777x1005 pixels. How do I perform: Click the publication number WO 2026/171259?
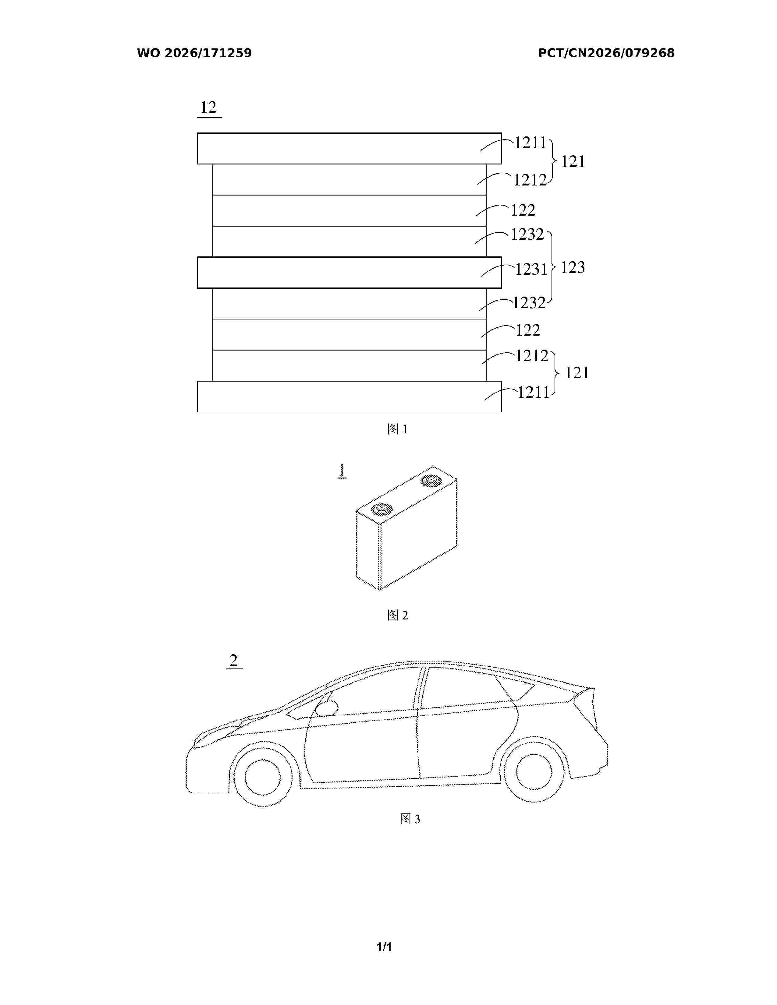pyautogui.click(x=194, y=53)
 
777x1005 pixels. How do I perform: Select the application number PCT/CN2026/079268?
pyautogui.click(x=606, y=53)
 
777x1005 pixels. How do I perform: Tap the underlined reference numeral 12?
pyautogui.click(x=208, y=108)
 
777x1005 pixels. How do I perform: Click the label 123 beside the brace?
pyautogui.click(x=573, y=267)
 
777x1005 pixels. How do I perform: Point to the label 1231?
pyautogui.click(x=531, y=269)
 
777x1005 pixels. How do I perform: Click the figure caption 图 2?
pyautogui.click(x=398, y=615)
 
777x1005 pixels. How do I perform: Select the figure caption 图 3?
pyautogui.click(x=410, y=819)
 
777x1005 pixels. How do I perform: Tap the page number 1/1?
pyautogui.click(x=384, y=947)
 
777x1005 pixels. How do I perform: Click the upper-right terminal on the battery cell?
pyautogui.click(x=431, y=481)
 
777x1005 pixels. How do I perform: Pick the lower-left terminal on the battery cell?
pyautogui.click(x=381, y=509)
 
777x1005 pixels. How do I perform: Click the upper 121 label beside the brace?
pyautogui.click(x=573, y=161)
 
